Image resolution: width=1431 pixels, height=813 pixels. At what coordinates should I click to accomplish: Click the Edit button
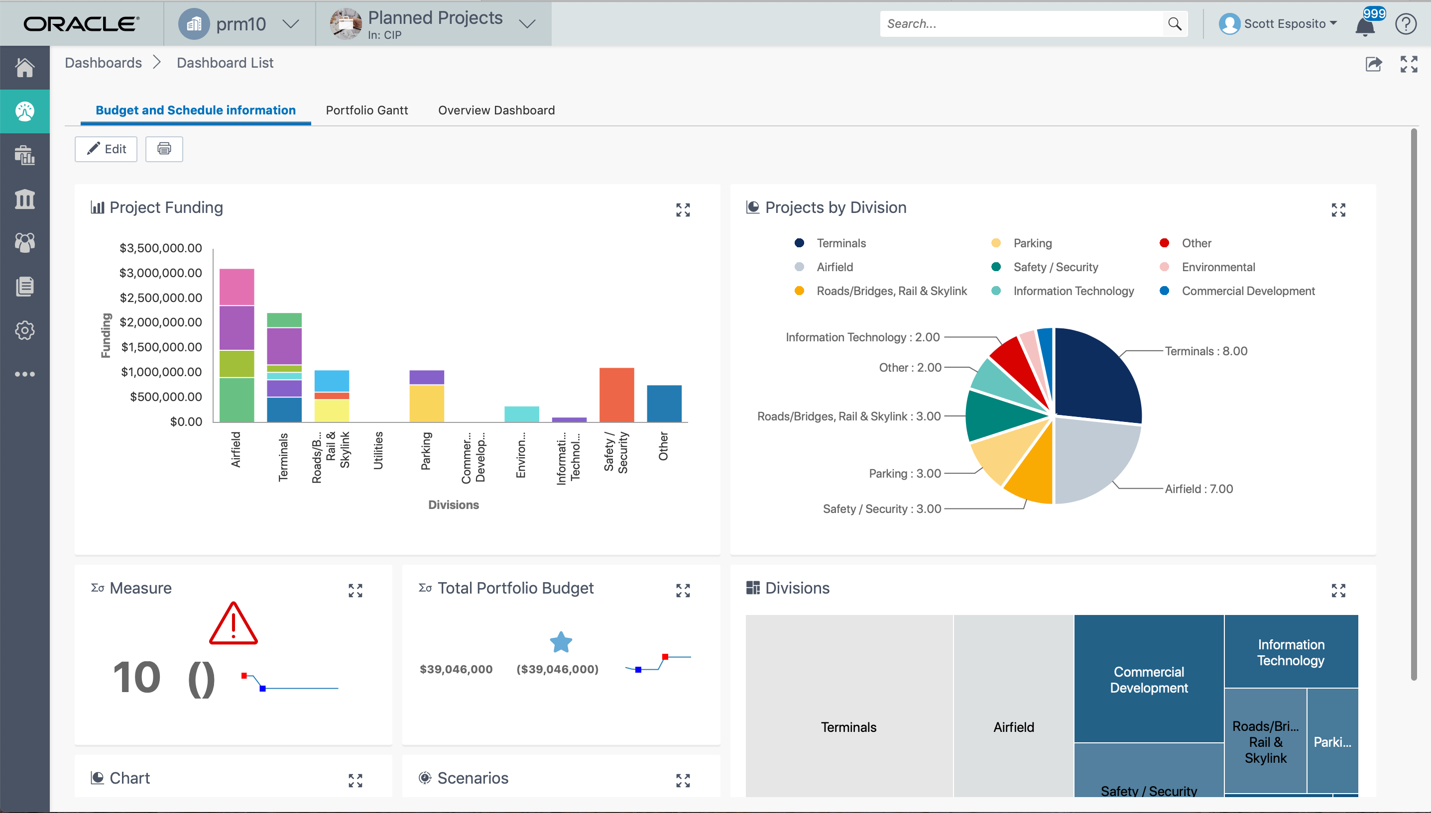point(106,149)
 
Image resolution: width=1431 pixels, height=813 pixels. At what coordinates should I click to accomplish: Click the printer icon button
point(164,149)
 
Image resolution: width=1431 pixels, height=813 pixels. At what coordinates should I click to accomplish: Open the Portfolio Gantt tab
point(366,110)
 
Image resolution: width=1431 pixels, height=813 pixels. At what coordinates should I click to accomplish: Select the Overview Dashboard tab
point(496,110)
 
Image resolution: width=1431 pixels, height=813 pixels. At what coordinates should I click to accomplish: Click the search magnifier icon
point(1175,24)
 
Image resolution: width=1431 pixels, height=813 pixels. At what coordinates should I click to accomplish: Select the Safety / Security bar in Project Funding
point(616,394)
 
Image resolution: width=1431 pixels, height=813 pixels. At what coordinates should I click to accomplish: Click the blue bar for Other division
point(664,403)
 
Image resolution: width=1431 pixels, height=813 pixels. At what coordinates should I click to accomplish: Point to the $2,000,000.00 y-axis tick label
point(160,322)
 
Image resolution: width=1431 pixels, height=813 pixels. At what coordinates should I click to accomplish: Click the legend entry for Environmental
point(1218,267)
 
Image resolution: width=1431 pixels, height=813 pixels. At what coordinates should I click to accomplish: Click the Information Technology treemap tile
point(1290,652)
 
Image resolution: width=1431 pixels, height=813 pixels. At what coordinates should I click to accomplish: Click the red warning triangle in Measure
point(233,624)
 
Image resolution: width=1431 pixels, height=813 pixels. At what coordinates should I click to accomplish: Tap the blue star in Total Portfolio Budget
point(561,642)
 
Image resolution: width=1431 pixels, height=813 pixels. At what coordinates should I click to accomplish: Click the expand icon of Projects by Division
point(1338,210)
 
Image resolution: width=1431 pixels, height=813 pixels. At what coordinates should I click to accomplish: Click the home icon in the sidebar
point(24,68)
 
